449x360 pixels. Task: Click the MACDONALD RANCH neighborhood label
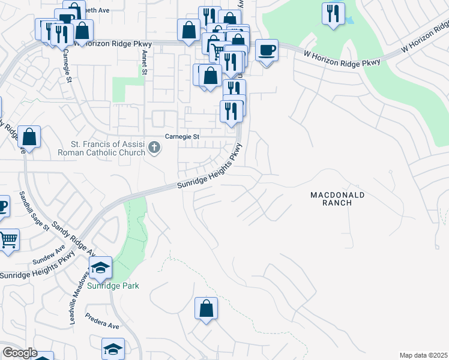pyautogui.click(x=338, y=199)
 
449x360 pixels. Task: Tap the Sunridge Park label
pyautogui.click(x=113, y=286)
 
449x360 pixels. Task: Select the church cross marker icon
pyautogui.click(x=154, y=147)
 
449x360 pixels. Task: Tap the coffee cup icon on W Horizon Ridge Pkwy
pyautogui.click(x=266, y=50)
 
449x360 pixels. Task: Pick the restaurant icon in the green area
pyautogui.click(x=333, y=13)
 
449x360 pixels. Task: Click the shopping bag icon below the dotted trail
pyautogui.click(x=206, y=308)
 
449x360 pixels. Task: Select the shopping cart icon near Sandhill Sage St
pyautogui.click(x=8, y=240)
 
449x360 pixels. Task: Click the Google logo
pyautogui.click(x=20, y=353)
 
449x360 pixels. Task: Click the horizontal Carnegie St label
pyautogui.click(x=182, y=137)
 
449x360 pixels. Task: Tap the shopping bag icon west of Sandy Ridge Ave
pyautogui.click(x=29, y=137)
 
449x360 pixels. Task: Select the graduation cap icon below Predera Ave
pyautogui.click(x=113, y=349)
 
